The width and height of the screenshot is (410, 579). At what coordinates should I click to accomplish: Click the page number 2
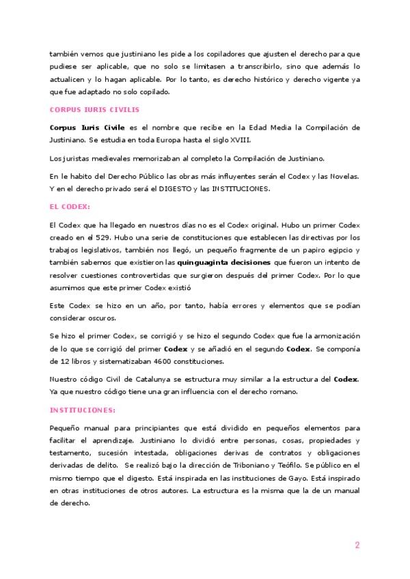(357, 545)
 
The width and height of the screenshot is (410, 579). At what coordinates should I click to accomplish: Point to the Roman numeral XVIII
(240, 140)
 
